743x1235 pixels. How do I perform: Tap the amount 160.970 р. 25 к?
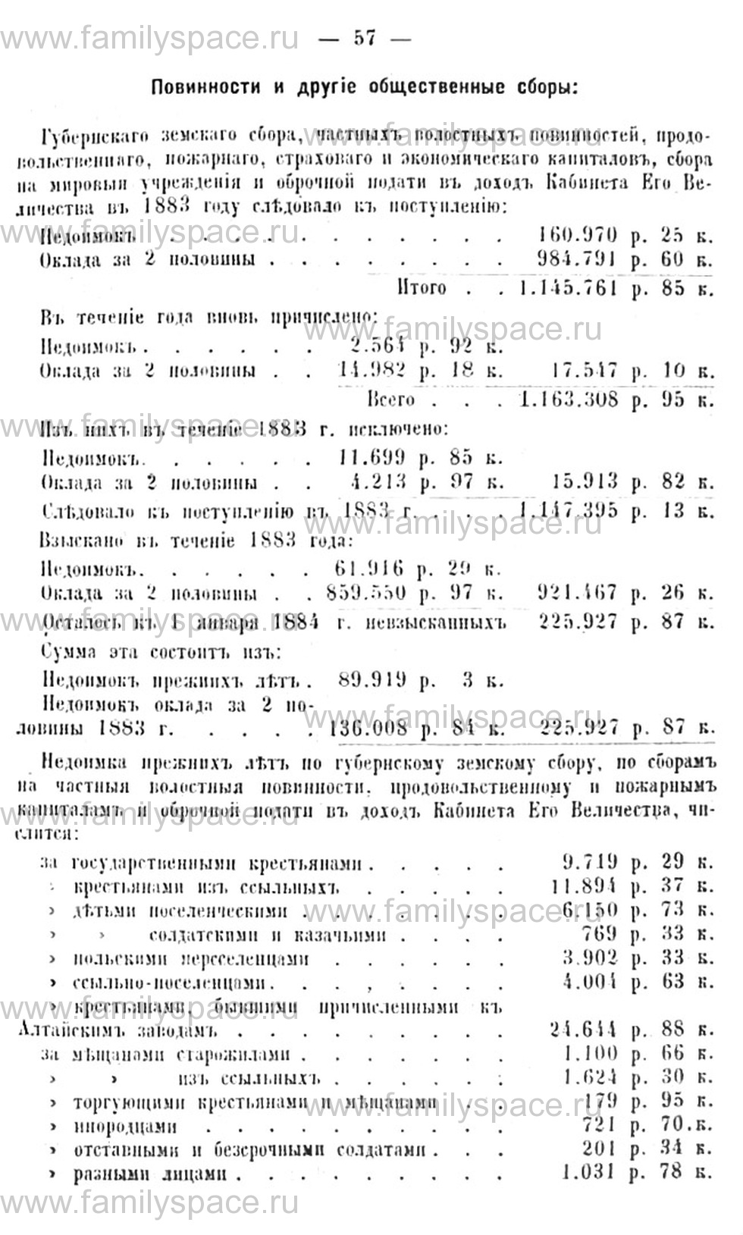click(624, 236)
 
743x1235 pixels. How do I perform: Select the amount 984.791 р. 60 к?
click(624, 260)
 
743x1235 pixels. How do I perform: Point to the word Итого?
click(422, 288)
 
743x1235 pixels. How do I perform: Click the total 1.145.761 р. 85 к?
click(613, 288)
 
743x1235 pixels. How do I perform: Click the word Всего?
click(391, 400)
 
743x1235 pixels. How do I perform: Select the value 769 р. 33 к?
click(644, 934)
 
